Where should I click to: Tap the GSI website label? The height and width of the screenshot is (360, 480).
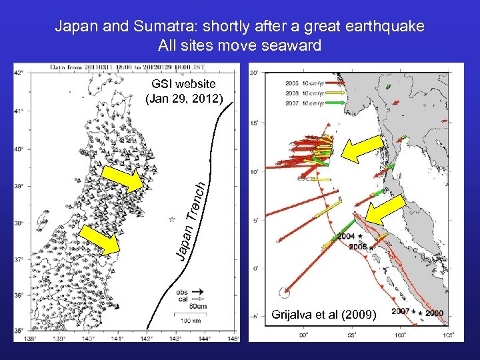click(183, 84)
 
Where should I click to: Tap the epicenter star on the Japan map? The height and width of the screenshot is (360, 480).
click(173, 219)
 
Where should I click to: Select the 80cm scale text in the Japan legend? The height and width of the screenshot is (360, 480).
click(197, 306)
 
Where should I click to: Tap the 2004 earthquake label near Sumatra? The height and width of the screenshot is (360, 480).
click(346, 237)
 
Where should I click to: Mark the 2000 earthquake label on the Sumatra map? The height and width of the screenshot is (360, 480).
click(434, 313)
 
